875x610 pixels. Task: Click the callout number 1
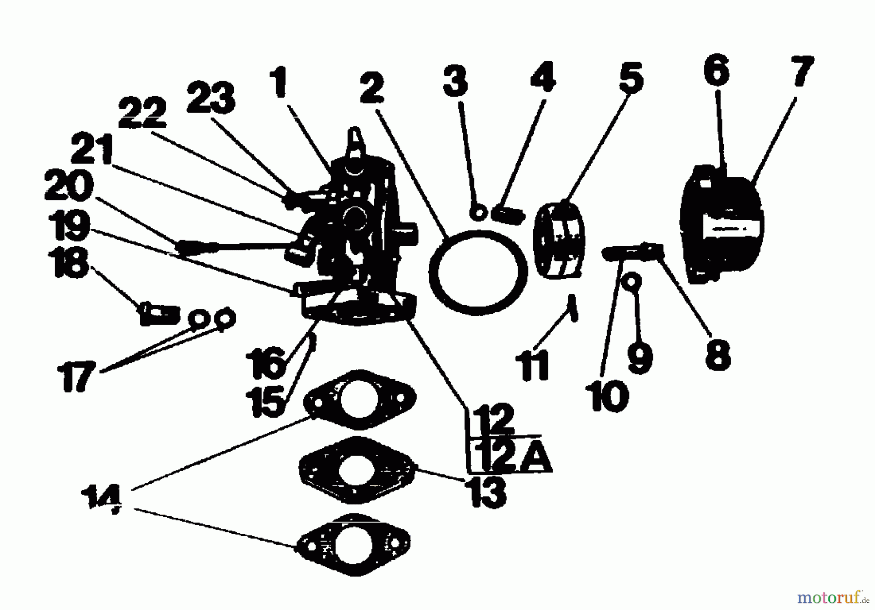tap(278, 83)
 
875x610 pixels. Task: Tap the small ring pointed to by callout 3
tap(478, 212)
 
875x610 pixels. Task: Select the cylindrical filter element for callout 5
tap(559, 240)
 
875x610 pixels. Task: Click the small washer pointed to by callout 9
tap(633, 281)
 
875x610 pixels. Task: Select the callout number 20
tap(69, 187)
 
